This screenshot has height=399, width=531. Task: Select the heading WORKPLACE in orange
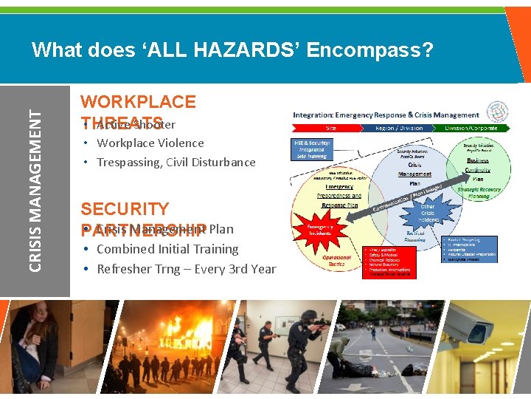(138, 102)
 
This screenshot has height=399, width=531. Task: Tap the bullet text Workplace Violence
(150, 143)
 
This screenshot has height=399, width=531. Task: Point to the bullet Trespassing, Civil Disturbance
(176, 163)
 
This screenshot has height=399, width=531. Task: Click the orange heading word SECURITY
(125, 209)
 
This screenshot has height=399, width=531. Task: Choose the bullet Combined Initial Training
(167, 250)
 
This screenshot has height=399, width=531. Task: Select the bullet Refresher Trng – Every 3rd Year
(186, 269)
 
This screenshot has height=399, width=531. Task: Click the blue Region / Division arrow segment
(398, 128)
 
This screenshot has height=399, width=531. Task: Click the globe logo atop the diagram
(498, 111)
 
